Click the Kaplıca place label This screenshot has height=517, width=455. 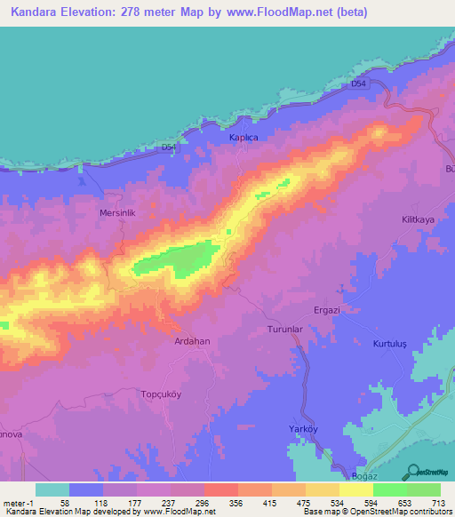[x=243, y=139]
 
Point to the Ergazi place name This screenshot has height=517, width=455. [x=328, y=310]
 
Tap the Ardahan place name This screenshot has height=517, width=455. [x=190, y=339]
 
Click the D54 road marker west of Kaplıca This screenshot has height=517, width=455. [x=170, y=147]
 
